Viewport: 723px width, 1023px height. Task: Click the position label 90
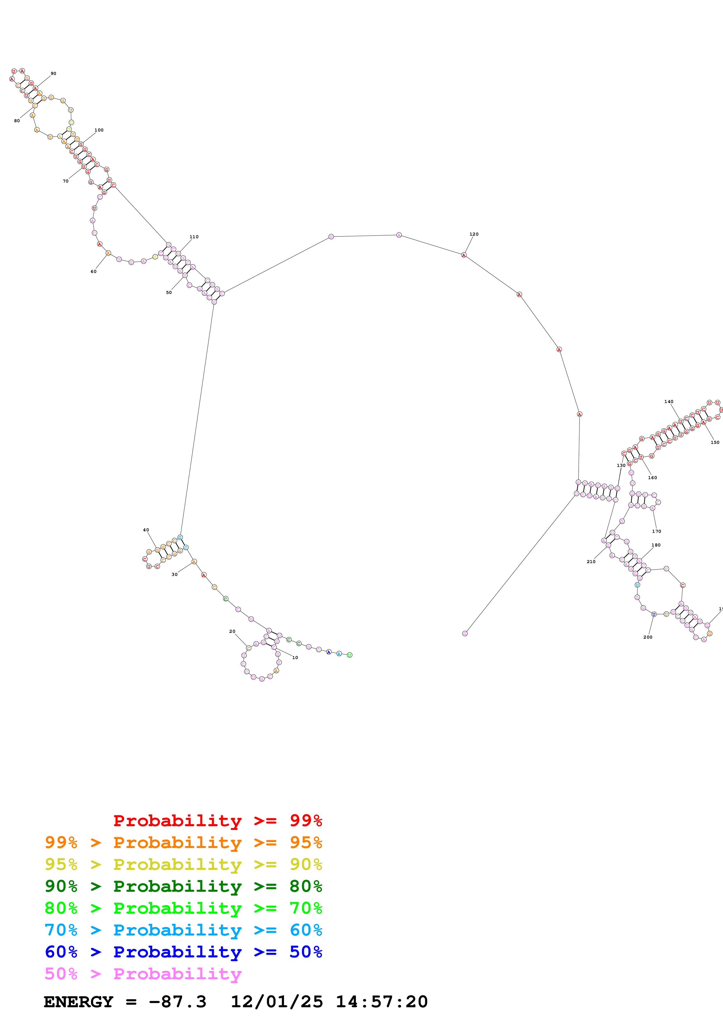tap(53, 73)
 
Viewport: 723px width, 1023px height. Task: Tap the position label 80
tap(17, 121)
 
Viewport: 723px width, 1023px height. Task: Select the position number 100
tap(99, 130)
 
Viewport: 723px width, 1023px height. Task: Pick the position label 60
tap(94, 271)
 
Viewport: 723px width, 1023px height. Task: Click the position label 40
tap(146, 530)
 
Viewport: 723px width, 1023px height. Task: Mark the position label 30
tap(175, 574)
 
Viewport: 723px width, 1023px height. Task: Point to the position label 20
tap(232, 631)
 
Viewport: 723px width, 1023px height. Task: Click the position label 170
tap(656, 531)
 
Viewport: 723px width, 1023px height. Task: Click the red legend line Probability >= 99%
tap(217, 821)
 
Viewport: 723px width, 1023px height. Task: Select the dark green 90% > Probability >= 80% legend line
tap(183, 886)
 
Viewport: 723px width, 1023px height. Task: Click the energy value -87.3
tap(178, 1002)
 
